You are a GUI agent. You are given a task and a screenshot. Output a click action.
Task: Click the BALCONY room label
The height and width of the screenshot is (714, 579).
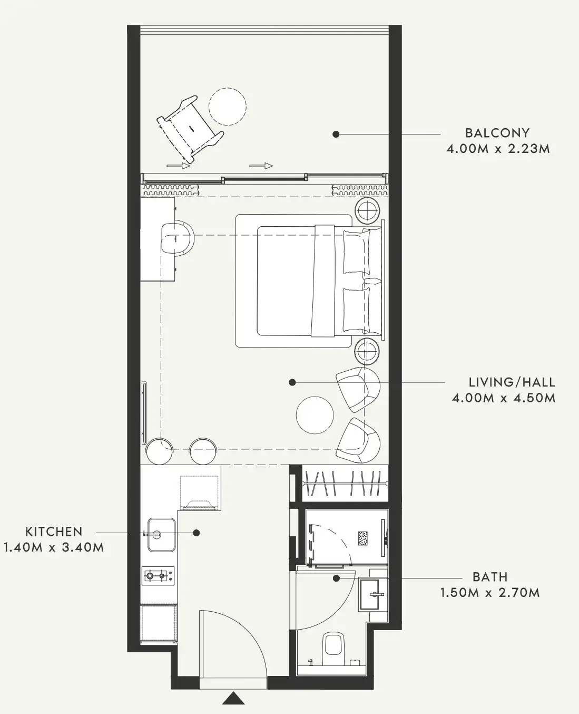[497, 133]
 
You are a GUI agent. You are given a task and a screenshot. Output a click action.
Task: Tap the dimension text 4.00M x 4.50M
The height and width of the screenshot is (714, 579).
[504, 398]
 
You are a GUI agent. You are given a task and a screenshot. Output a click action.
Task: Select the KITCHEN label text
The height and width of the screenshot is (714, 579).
[54, 532]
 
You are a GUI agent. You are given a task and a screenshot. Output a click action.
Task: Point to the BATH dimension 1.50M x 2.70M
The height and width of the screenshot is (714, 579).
[490, 593]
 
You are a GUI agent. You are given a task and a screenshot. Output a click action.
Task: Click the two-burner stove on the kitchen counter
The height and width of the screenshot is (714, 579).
[158, 576]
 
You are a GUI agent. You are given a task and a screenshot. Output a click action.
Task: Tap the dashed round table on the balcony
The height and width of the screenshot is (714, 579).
[228, 107]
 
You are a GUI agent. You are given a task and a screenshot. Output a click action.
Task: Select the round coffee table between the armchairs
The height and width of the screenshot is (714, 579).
[315, 415]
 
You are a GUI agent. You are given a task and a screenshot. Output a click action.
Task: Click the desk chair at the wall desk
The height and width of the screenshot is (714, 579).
[178, 238]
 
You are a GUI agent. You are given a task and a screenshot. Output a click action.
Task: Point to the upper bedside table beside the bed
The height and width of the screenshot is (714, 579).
[367, 211]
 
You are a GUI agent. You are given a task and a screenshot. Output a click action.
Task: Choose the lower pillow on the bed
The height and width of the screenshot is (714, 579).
[357, 309]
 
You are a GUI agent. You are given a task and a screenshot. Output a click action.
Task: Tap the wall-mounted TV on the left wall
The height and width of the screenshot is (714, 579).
[144, 413]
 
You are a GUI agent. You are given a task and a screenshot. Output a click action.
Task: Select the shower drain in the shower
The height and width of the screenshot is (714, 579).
[362, 539]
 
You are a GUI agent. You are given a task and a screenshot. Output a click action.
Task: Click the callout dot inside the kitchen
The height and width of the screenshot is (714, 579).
[197, 533]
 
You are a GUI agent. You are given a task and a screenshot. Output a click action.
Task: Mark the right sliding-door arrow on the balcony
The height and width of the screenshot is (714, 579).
[261, 166]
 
